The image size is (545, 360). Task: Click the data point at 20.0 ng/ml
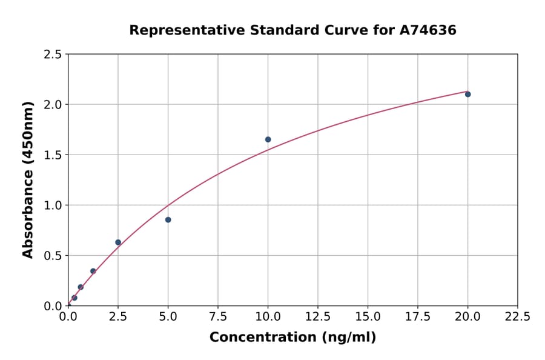(x=467, y=94)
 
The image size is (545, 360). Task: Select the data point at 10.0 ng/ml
(x=268, y=139)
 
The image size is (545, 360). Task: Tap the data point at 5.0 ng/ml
(x=168, y=219)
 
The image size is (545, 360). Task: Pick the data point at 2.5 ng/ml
(x=118, y=242)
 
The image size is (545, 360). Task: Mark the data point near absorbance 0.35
(x=93, y=271)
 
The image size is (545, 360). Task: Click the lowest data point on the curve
(x=74, y=298)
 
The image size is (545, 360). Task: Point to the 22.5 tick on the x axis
(x=517, y=316)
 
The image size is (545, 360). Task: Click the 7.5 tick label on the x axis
(x=218, y=316)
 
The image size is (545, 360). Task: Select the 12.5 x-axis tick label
(x=318, y=316)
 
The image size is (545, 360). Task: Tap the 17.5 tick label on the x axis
(x=418, y=316)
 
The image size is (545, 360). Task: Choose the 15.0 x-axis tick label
(x=368, y=316)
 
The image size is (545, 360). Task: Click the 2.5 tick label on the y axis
(x=53, y=55)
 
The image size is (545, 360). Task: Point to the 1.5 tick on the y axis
(x=53, y=155)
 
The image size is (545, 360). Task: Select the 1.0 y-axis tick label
(x=53, y=205)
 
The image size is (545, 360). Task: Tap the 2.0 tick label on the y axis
(x=53, y=105)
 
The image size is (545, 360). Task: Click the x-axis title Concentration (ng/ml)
(x=292, y=338)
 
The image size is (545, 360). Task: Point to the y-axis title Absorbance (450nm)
(x=28, y=179)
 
